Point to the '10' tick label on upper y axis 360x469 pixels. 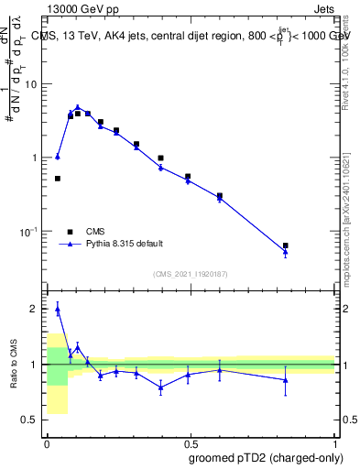pyautogui.click(x=32, y=84)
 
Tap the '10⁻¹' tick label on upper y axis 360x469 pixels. pyautogui.click(x=29, y=232)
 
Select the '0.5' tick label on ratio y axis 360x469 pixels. pyautogui.click(x=32, y=420)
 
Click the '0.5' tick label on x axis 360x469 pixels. pyautogui.click(x=190, y=442)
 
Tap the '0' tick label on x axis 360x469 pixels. pyautogui.click(x=46, y=442)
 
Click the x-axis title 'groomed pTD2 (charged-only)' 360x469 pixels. pyautogui.click(x=266, y=457)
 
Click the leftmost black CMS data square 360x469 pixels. pyautogui.click(x=58, y=179)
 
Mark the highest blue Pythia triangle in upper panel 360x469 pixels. pyautogui.click(x=78, y=107)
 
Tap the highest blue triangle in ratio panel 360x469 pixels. pyautogui.click(x=58, y=310)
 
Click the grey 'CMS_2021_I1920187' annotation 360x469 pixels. pyautogui.click(x=190, y=273)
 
